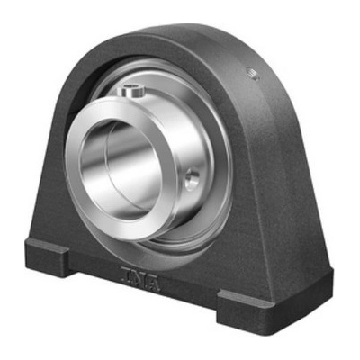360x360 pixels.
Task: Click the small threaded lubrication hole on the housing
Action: pos(254,74)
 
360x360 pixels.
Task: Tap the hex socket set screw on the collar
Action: pos(132,91)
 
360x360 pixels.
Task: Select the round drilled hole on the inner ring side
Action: pos(192,179)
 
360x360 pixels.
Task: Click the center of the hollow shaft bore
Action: pos(120,169)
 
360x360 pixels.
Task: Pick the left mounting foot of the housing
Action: pos(48,257)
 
